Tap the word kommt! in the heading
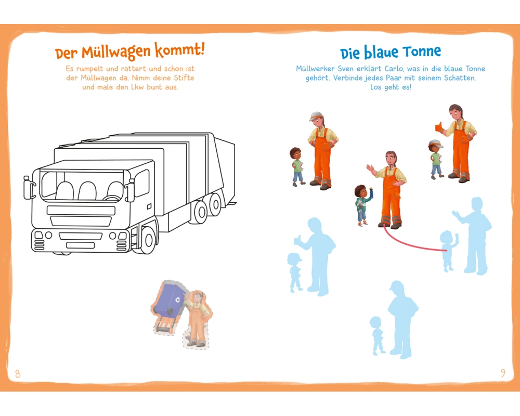179,50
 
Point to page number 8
18,374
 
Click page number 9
503,373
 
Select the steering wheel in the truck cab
113,198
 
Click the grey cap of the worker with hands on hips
316,116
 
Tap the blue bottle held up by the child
371,193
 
